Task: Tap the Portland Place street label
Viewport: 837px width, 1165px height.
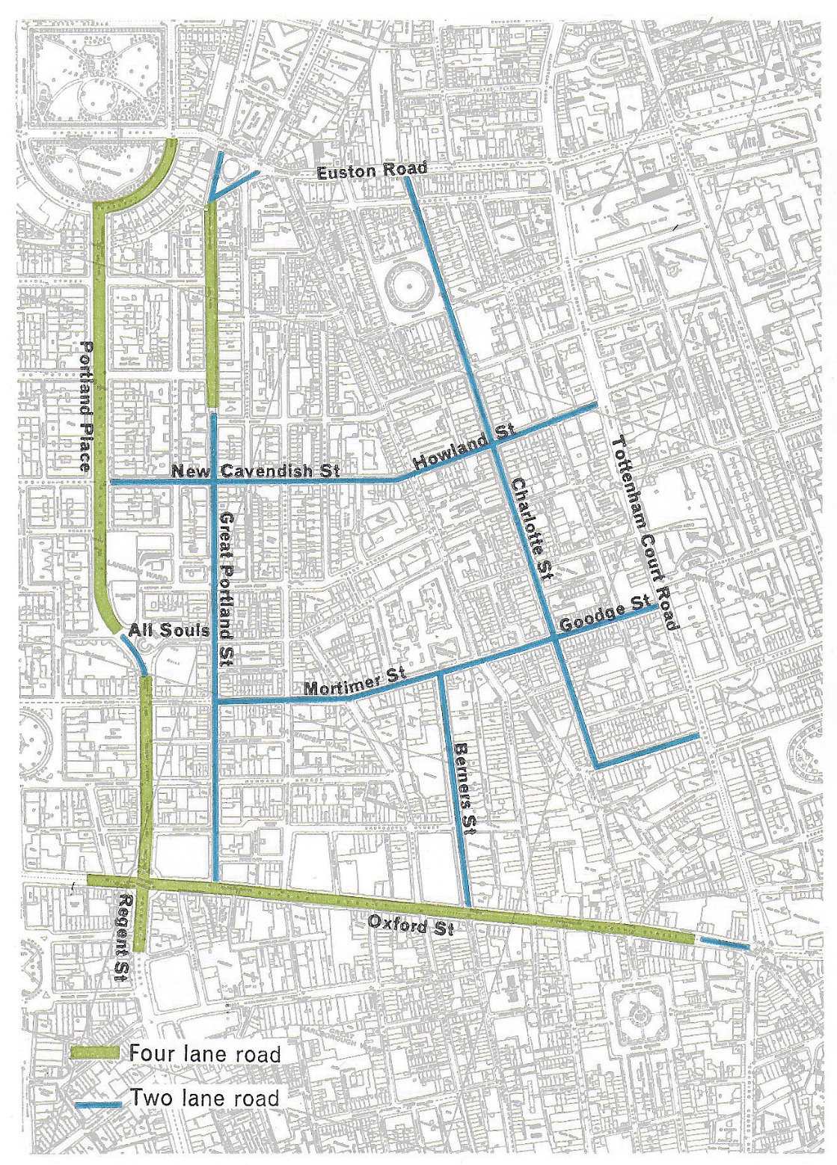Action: [88, 406]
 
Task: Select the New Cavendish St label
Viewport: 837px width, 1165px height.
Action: [254, 471]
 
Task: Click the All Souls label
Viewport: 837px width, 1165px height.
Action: [168, 632]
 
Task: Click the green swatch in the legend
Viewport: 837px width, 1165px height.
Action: [95, 1052]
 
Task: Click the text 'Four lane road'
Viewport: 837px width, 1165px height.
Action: [204, 1054]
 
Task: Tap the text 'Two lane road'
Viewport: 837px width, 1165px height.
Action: [203, 1098]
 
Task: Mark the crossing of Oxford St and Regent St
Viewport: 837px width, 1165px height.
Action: [144, 884]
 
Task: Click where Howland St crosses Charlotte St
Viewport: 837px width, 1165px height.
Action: [497, 444]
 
